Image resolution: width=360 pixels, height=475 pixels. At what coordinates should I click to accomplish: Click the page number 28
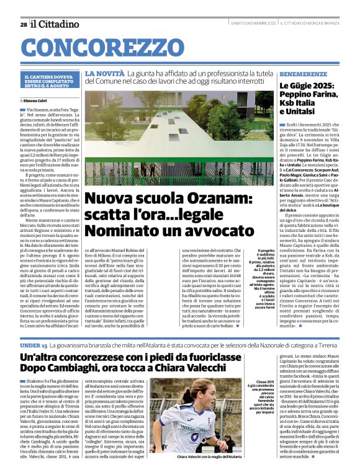pos(23,24)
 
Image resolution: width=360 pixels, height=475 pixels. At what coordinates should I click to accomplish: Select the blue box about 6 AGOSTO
pos(50,81)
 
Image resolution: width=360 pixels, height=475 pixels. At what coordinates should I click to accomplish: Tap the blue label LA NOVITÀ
pos(101,73)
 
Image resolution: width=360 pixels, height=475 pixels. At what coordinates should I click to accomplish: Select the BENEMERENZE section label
pos(300,73)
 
